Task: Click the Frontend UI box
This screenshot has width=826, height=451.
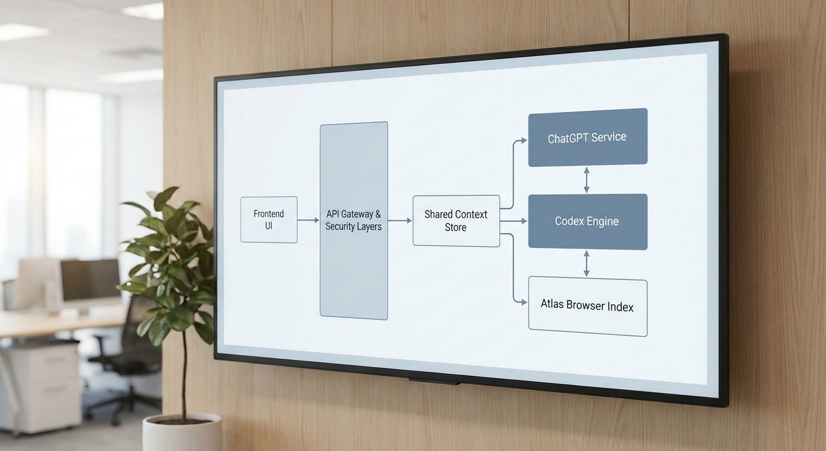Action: [x=269, y=220]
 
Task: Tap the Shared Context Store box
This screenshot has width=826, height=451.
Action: [x=456, y=221]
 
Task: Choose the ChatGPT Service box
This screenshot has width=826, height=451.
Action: [x=587, y=137]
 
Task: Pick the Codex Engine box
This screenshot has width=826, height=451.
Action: [x=587, y=221]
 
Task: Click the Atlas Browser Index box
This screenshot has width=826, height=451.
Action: [x=587, y=307]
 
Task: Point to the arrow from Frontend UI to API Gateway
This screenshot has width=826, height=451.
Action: [x=308, y=220]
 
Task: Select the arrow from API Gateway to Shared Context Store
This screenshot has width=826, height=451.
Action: [x=400, y=221]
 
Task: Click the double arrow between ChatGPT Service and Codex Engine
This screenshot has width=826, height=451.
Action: [x=586, y=180]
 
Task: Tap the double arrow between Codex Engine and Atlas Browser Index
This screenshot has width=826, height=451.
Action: [x=586, y=264]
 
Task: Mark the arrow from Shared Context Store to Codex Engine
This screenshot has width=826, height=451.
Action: [x=514, y=221]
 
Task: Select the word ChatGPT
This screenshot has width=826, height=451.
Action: [x=567, y=139]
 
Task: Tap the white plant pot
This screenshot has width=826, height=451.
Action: [x=182, y=433]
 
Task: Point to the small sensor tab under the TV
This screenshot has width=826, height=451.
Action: [x=434, y=382]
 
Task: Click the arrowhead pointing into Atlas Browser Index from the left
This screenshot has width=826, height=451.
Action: [x=523, y=302]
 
